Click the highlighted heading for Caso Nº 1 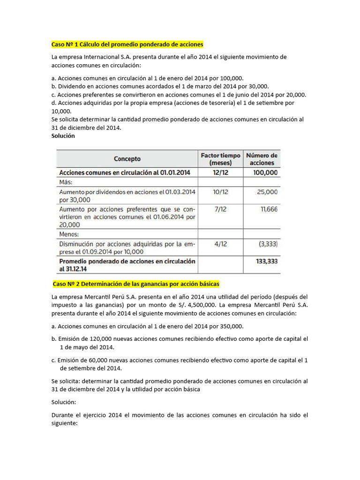127,45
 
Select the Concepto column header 127,159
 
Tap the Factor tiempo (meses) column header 220,159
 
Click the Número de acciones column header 262,159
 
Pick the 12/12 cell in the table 220,172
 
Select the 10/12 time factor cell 220,192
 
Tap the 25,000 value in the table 267,192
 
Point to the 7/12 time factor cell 220,210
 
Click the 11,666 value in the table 269,210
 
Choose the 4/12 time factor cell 220,244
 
